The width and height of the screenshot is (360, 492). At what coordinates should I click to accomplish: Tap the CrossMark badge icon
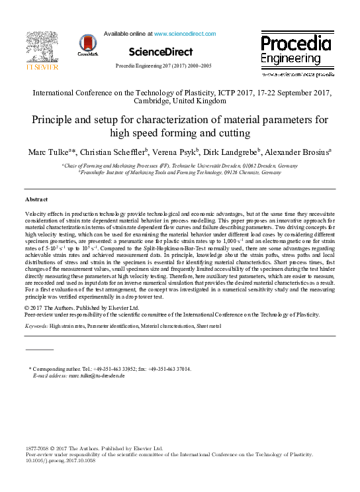87,44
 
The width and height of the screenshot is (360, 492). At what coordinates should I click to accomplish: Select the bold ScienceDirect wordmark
161,52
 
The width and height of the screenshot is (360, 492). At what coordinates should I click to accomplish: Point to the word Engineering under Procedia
289,60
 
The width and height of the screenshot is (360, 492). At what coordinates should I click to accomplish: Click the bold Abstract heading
36,199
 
